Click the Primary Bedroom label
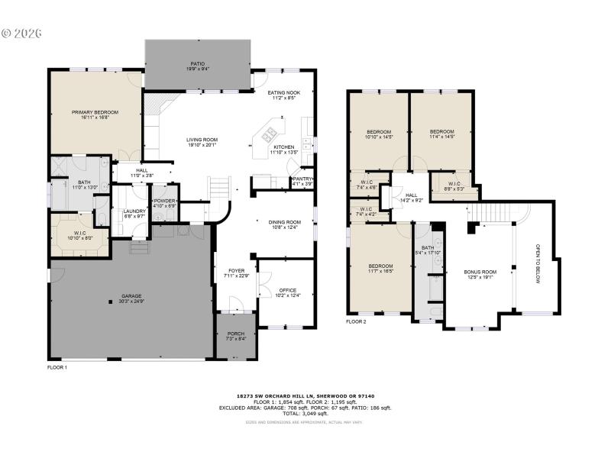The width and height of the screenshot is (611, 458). (x=95, y=113)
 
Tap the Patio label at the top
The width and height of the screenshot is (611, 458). (x=197, y=64)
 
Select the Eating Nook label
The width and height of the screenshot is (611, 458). (x=283, y=93)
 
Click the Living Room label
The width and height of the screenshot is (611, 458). (x=202, y=140)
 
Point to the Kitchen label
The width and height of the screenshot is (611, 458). (x=283, y=147)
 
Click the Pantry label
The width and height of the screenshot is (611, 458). (x=302, y=180)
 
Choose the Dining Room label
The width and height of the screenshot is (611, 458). (x=284, y=222)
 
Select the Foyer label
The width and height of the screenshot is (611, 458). (x=236, y=273)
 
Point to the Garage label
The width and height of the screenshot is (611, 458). (x=131, y=296)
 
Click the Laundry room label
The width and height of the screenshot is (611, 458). (x=134, y=211)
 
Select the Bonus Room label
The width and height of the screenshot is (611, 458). (x=480, y=273)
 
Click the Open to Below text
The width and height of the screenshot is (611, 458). (x=538, y=264)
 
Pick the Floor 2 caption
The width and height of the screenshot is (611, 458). (x=356, y=321)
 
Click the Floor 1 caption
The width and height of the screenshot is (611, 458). (x=58, y=367)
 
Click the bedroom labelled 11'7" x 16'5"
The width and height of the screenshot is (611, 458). (x=380, y=266)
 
